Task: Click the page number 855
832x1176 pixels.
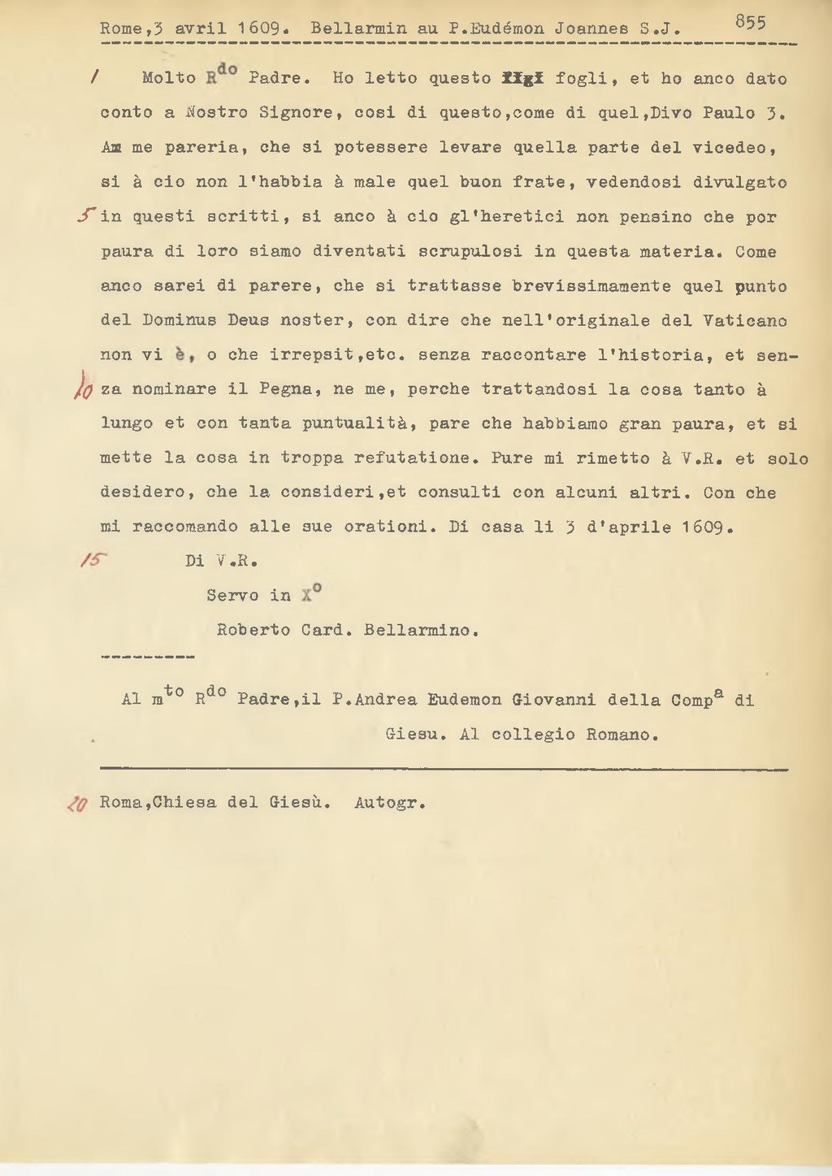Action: [x=750, y=23]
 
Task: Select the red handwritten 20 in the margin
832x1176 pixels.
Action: [x=78, y=804]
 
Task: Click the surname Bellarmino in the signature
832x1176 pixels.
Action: [x=421, y=630]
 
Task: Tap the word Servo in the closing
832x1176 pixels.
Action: [x=233, y=596]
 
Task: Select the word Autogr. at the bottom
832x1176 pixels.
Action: [x=390, y=804]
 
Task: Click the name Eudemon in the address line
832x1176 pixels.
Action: [x=466, y=700]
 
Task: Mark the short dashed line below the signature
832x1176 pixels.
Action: [x=147, y=656]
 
